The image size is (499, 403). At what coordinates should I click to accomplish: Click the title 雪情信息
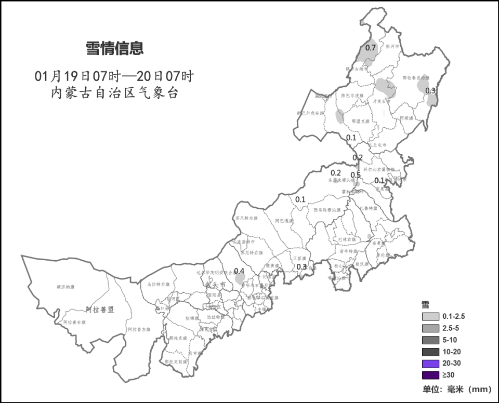coord(114,49)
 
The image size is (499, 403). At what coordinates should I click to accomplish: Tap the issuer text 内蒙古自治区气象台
coord(114,93)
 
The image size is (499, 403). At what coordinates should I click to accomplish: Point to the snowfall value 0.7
coord(370,48)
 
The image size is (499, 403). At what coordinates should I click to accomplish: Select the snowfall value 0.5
coord(356,175)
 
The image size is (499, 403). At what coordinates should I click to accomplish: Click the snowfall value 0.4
coord(239,271)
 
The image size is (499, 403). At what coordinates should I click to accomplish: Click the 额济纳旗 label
coord(65,286)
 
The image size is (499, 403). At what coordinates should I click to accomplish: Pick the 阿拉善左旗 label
coord(139,329)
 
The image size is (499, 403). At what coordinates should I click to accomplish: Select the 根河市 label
coord(393,46)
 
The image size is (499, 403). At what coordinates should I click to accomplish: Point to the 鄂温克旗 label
coord(360,121)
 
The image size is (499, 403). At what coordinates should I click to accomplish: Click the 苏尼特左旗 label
coord(246,219)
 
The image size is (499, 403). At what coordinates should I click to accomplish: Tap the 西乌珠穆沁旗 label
coord(327,210)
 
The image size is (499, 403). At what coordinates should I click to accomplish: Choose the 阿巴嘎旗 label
coord(284,221)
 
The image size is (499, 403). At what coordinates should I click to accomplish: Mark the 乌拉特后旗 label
coord(156,284)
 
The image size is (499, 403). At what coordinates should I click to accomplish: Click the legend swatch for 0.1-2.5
coord(430,316)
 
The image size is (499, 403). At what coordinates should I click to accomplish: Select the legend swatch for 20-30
coord(430,364)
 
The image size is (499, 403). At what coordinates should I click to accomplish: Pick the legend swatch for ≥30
coord(430,375)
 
